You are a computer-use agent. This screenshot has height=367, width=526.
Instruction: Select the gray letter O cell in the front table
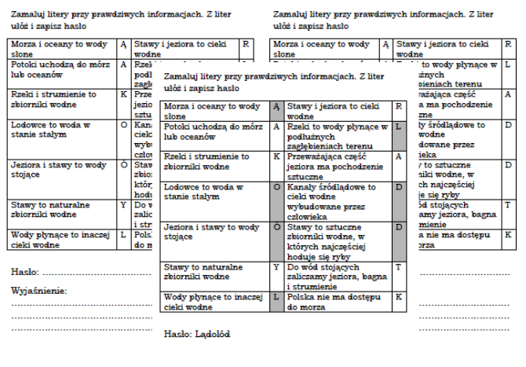click(x=276, y=187)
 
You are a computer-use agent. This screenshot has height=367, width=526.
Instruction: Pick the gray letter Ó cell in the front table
click(x=276, y=228)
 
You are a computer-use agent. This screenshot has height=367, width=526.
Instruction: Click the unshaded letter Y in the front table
click(x=276, y=267)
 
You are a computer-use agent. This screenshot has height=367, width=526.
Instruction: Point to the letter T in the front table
click(x=398, y=267)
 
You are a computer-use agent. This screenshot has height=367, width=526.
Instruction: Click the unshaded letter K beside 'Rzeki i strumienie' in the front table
click(x=276, y=156)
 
